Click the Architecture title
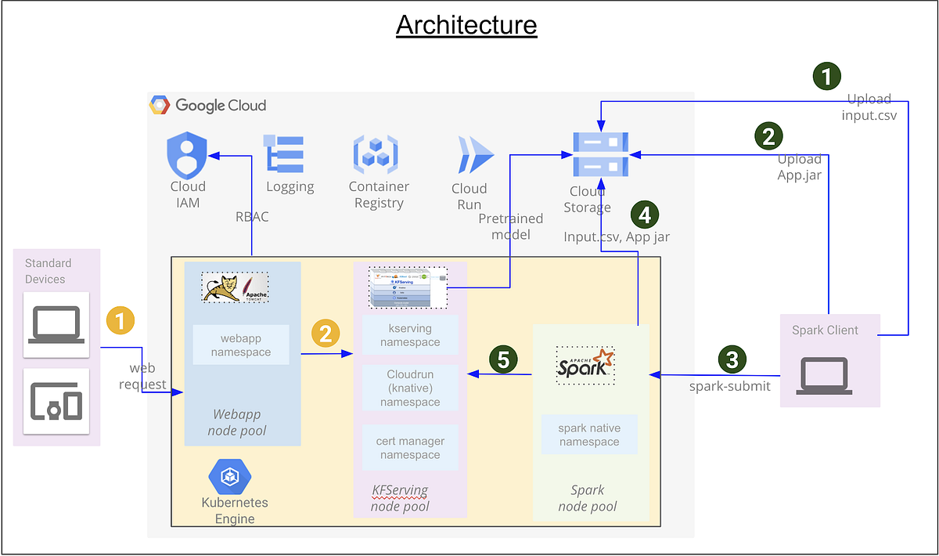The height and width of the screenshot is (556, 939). (466, 25)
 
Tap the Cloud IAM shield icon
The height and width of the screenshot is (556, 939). (187, 155)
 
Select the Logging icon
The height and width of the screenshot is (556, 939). (286, 153)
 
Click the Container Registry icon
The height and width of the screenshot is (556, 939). (376, 153)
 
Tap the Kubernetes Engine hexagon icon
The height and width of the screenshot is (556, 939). (229, 477)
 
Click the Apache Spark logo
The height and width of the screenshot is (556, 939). (585, 364)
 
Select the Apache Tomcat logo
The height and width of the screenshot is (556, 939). (235, 287)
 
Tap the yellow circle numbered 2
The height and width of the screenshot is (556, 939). (326, 333)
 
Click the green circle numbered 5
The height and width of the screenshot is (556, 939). (503, 359)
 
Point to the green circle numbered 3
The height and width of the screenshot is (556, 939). (732, 359)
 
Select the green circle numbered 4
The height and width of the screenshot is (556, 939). (644, 213)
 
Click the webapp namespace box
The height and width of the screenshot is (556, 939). (241, 345)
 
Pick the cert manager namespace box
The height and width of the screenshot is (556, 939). (410, 448)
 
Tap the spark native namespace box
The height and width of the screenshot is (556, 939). (589, 435)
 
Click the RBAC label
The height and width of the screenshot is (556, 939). (252, 217)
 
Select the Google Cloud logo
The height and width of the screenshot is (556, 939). (209, 105)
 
